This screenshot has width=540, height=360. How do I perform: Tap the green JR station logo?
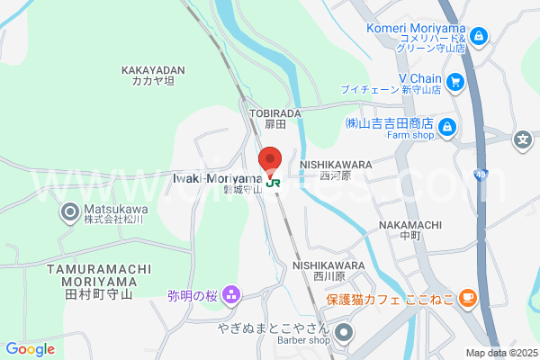[274, 182]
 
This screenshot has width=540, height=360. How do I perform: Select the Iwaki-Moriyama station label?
[216, 178]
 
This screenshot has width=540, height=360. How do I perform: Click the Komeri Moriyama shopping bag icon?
[479, 36]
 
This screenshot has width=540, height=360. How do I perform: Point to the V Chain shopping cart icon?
[455, 82]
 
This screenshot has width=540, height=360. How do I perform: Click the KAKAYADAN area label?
[153, 68]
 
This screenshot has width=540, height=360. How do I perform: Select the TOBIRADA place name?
[268, 112]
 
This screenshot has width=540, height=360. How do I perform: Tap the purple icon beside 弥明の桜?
[231, 294]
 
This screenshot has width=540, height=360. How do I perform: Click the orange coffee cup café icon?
[466, 297]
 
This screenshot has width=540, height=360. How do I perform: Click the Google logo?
[30, 349]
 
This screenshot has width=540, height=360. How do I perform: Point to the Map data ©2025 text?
[500, 353]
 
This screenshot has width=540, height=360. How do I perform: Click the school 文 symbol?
[522, 139]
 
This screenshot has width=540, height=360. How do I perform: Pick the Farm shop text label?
[412, 135]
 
